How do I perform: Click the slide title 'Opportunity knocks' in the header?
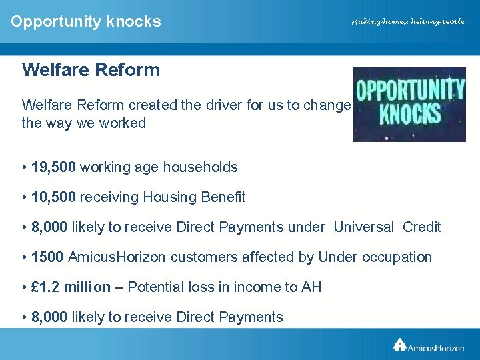86,21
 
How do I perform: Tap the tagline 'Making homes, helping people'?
408,22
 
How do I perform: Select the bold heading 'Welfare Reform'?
91,70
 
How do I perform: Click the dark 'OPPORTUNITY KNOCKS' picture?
409,104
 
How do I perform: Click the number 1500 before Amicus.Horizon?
47,257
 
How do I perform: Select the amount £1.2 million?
71,287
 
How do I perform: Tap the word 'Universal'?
363,227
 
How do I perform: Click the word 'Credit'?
421,227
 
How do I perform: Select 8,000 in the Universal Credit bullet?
49,227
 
